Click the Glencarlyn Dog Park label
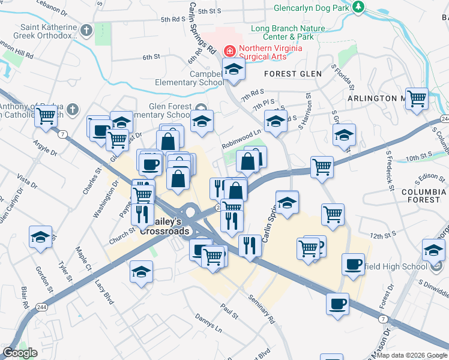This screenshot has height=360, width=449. [x=310, y=8]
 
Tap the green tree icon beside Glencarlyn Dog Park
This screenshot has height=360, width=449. [x=359, y=7]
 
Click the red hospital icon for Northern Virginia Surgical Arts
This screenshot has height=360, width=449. [x=229, y=51]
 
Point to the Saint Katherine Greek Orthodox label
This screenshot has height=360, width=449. [x=49, y=31]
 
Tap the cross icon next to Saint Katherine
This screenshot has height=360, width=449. [x=88, y=29]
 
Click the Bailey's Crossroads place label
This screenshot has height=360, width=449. [x=164, y=226]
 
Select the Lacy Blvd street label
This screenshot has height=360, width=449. [x=104, y=291]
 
